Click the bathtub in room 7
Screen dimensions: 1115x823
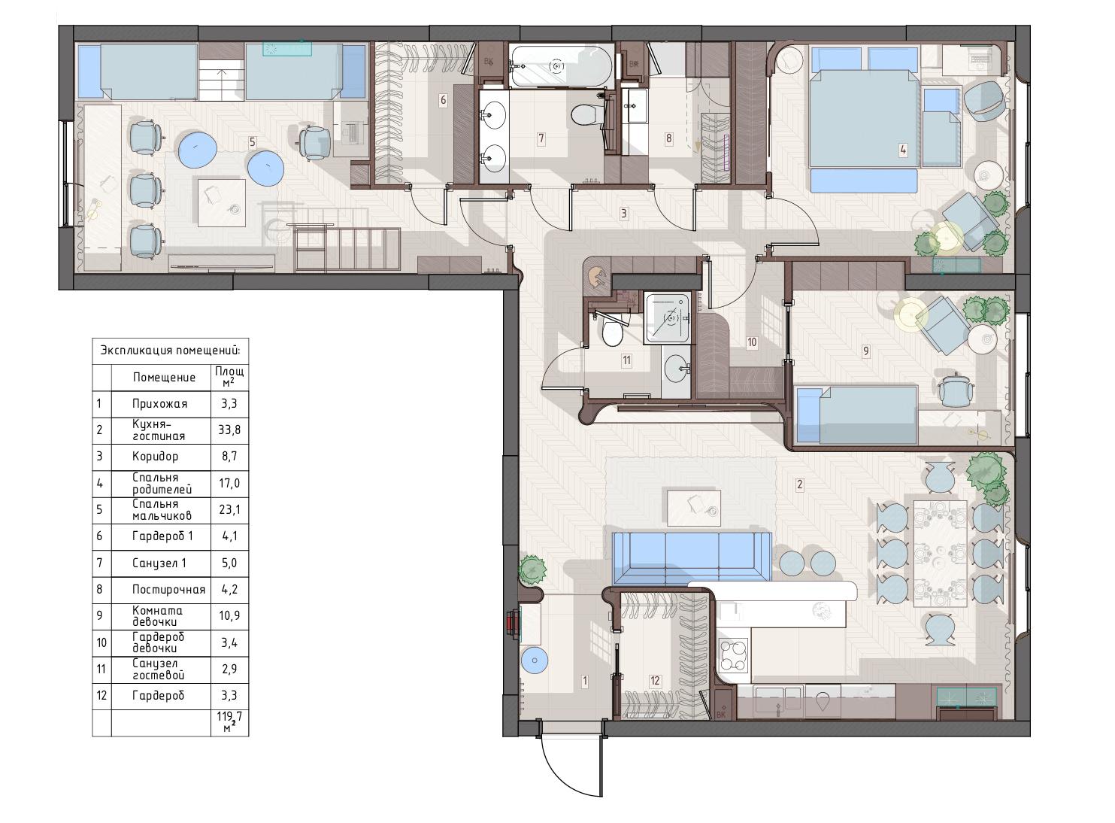coord(561,65)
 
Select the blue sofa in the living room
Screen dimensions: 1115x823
coord(692,557)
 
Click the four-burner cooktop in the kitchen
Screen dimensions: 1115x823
coord(733,655)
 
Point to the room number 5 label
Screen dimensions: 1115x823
coord(253,142)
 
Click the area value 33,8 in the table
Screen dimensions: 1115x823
coord(229,430)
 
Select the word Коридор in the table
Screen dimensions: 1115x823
coord(155,457)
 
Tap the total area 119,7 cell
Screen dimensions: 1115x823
coord(229,722)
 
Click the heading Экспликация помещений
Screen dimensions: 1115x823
coord(170,351)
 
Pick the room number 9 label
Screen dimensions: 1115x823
coord(866,351)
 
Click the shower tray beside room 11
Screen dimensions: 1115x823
coord(668,318)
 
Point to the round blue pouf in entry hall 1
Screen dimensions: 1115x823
coord(535,661)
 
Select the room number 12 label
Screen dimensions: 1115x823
coord(655,681)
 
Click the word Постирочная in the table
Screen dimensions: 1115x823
coord(168,590)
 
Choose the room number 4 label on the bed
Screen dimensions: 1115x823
coord(903,150)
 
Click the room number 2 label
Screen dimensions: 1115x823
coord(800,484)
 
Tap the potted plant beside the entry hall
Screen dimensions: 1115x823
coord(532,569)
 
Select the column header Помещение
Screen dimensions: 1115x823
coord(164,378)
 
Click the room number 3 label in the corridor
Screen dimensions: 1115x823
coord(623,214)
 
